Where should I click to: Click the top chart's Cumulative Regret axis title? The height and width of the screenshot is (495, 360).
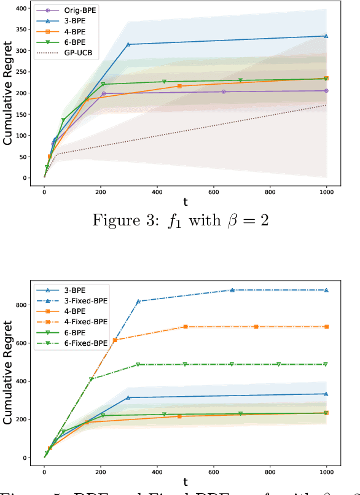[7, 93]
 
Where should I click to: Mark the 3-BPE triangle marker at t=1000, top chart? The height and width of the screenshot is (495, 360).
[326, 36]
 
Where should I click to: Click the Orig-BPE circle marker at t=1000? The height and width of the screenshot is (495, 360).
[326, 91]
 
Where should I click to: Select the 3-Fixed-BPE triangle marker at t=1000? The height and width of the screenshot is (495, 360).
[326, 290]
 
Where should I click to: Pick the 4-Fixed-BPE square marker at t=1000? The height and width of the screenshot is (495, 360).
[326, 327]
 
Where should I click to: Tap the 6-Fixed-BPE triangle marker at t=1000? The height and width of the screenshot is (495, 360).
[326, 364]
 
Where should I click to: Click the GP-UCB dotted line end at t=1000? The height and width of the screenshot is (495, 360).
[326, 105]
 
